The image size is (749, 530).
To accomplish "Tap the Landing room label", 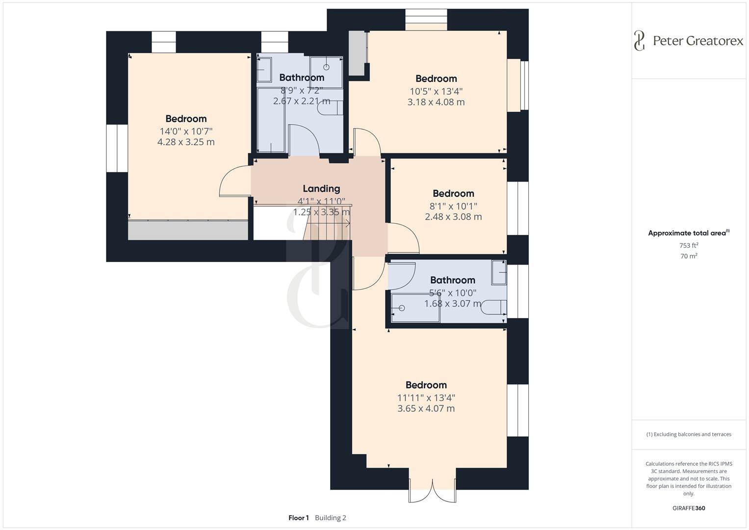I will click(321, 188).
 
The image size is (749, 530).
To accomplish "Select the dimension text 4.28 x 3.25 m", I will click(186, 142).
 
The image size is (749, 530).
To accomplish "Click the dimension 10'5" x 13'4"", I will click(436, 91).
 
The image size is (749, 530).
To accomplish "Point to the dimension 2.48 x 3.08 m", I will click(453, 217).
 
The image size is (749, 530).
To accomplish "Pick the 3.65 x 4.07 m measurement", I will click(426, 409).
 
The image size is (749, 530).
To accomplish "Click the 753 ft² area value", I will click(689, 245).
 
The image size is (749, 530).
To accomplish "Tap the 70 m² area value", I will click(689, 256).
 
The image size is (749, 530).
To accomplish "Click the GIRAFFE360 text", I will click(689, 508).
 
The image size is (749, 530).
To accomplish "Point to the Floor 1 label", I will click(298, 518).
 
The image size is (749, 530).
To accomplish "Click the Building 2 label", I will click(331, 518).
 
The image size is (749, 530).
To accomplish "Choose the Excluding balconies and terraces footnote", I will click(689, 434).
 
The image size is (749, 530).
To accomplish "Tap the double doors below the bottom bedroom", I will click(432, 490).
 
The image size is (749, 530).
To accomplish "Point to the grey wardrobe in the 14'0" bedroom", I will click(188, 230).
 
